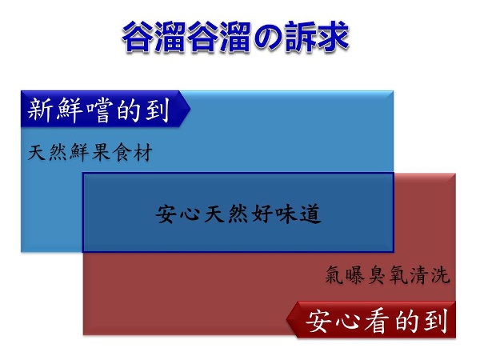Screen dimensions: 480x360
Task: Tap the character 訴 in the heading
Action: tap(300, 37)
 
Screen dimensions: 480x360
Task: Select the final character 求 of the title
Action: tap(333, 37)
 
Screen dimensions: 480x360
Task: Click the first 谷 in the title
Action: tap(138, 37)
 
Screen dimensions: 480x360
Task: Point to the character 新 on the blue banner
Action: tap(41, 110)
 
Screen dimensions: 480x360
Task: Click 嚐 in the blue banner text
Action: tap(98, 110)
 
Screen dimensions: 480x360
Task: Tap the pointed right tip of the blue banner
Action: tap(190, 109)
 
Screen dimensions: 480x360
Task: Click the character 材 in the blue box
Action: tap(142, 152)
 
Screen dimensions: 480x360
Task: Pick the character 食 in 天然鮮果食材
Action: tap(122, 152)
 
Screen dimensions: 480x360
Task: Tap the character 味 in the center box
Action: tap(286, 214)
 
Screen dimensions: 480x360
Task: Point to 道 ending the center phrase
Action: tap(310, 214)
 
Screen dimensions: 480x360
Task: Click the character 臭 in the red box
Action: tap(378, 274)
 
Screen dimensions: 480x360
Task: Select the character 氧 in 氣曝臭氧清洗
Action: tap(398, 274)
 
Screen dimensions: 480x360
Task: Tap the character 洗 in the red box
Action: tap(440, 274)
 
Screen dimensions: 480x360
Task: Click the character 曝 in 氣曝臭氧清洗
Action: tap(356, 274)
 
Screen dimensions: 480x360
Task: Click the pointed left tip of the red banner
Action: tap(287, 319)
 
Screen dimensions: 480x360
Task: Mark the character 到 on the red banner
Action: tap(435, 322)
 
